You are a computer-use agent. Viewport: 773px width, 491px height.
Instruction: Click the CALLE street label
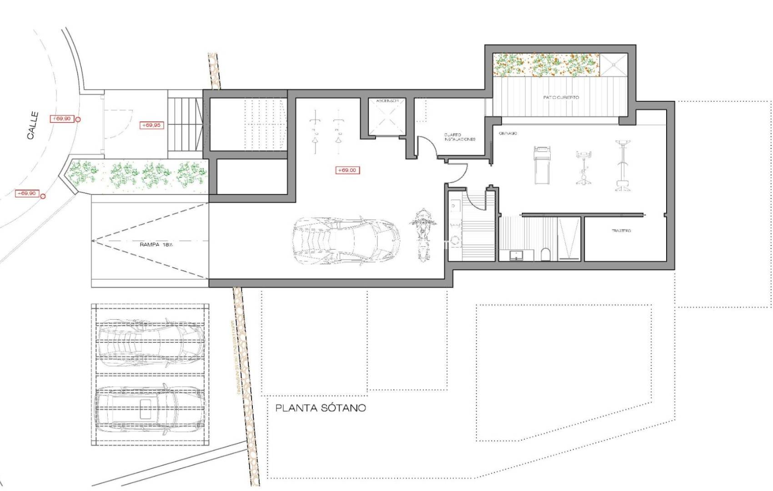[x=33, y=125]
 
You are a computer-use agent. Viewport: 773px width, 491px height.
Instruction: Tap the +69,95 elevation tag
[x=151, y=125]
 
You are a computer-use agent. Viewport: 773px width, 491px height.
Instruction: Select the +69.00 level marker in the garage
[x=347, y=170]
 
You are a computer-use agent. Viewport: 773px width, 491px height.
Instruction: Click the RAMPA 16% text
[x=156, y=245]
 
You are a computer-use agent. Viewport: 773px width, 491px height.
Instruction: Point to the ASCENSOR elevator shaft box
[x=386, y=118]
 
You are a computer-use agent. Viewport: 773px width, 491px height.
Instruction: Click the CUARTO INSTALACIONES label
[x=459, y=137]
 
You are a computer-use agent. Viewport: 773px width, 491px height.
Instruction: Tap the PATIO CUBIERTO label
[x=561, y=97]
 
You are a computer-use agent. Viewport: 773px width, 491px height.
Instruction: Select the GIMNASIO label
[x=508, y=133]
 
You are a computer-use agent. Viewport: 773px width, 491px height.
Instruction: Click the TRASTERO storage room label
[x=621, y=231]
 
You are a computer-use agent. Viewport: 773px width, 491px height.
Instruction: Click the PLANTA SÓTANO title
[x=321, y=408]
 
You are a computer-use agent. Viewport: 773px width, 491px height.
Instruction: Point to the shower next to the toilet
[x=569, y=239]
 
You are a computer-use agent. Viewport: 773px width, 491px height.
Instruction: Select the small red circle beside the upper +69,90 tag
[x=78, y=120]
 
